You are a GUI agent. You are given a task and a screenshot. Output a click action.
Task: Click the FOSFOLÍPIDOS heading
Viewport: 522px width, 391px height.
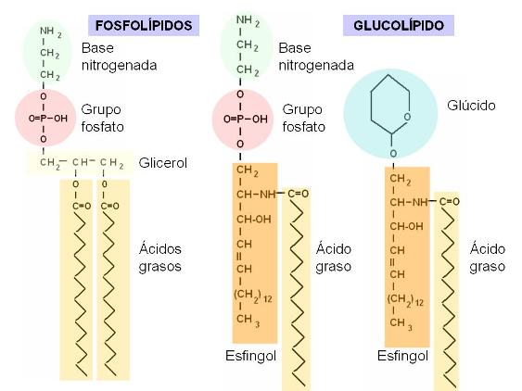pos(144,25)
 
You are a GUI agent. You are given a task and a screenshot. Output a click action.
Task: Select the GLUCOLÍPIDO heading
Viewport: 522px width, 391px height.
pos(399,25)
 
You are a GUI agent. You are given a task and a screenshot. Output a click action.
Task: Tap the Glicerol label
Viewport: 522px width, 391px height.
pos(163,163)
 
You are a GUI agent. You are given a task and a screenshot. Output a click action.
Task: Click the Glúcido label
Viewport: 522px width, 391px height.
pos(471,105)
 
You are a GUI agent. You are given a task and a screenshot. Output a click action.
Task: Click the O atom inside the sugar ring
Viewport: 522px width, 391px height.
pos(407,117)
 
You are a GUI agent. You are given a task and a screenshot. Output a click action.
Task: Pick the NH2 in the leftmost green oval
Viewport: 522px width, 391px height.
pos(51,32)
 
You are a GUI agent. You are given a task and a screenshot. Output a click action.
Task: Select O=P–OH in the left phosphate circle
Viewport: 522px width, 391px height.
pos(48,118)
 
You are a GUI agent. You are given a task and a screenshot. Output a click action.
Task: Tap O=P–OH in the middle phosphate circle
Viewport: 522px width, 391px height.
pos(246,120)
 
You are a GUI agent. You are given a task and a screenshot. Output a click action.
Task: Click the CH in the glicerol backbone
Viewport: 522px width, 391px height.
pos(81,162)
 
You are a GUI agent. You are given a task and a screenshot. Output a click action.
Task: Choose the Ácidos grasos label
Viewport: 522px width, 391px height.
pos(160,258)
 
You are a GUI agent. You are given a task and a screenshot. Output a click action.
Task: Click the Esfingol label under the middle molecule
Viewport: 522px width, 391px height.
pos(250,356)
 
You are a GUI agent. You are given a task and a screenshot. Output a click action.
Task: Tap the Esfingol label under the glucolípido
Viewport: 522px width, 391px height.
pos(402,356)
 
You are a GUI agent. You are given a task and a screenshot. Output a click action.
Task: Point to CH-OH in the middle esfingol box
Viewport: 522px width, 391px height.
pos(254,220)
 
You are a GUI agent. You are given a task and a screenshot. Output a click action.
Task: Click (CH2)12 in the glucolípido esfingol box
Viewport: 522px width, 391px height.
pos(405,299)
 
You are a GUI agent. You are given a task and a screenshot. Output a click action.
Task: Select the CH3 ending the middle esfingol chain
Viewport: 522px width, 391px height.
pos(248,321)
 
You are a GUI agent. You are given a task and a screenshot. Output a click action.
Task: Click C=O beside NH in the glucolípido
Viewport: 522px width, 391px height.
pos(450,201)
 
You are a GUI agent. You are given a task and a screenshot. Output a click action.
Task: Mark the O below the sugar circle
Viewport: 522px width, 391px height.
pos(393,154)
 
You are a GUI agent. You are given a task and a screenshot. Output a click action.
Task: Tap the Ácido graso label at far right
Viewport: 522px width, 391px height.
pos(488,258)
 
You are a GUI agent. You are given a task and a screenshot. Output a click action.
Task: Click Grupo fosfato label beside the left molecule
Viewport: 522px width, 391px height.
pos(103,118)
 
